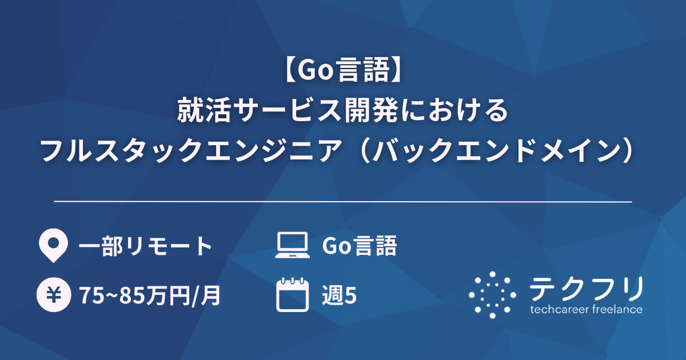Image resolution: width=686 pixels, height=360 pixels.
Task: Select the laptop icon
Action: [292, 246]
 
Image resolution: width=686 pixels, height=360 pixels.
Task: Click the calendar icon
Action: [292, 295]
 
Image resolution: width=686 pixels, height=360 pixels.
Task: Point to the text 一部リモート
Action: [145, 246]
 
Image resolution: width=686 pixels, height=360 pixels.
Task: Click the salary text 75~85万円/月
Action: [150, 296]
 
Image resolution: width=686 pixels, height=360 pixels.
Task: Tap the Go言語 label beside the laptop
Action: [359, 246]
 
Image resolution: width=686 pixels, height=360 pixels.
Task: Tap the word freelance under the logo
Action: [615, 310]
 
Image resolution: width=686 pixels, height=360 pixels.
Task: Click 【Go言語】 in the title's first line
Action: [343, 71]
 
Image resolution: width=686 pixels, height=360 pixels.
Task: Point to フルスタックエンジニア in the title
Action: [197, 150]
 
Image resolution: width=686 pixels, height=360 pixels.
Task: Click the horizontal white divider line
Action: [343, 202]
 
